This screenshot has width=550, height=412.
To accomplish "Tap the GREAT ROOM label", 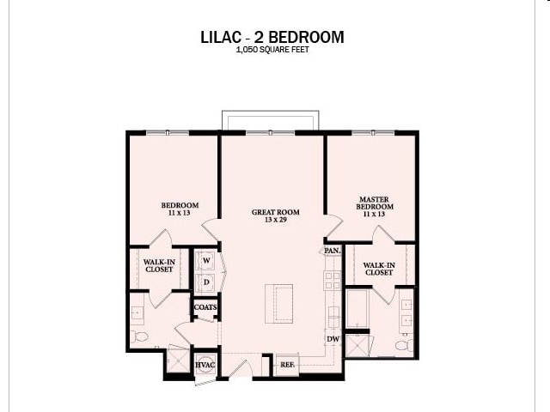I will coord(275,215).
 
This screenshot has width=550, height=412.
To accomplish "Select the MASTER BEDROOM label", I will coord(375,203).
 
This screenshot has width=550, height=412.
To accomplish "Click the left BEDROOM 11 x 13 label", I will coord(180,209).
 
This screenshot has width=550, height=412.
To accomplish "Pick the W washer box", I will coord(206,260).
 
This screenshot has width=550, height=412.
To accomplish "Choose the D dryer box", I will coord(206,282).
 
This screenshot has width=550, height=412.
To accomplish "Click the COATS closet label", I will coord(205,306).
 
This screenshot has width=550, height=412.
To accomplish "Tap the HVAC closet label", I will coord(205,365).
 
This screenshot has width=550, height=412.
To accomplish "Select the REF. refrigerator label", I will coord(287,365).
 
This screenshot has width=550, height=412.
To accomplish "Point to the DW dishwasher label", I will coord(333,339).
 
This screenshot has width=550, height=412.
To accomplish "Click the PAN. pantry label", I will coord(332,251).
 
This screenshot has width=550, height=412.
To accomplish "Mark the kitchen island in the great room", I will coord(278,303).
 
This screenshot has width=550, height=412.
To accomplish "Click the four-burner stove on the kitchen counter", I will coord(332,279).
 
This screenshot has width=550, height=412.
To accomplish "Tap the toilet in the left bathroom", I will coord(141,336).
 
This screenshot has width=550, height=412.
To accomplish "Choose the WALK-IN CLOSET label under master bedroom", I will coord(378,269).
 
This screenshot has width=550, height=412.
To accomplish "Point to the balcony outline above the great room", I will coord(270,119).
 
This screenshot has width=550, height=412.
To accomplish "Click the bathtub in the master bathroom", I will coord(357,309).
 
